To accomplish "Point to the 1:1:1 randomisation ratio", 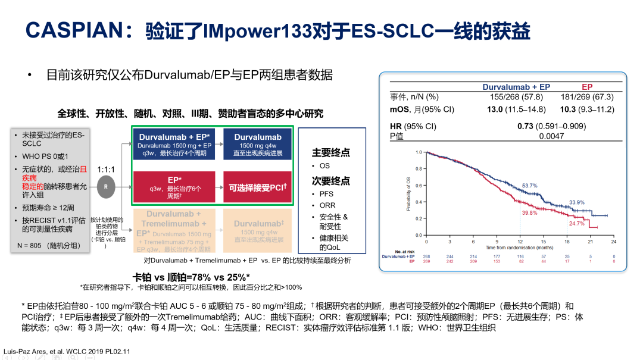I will pyautogui.click(x=106, y=168).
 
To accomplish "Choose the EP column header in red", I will pyautogui.click(x=587, y=87).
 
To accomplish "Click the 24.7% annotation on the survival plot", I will pyautogui.click(x=576, y=224).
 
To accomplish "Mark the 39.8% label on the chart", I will pyautogui.click(x=529, y=212).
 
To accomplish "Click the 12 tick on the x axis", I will pyautogui.click(x=520, y=241).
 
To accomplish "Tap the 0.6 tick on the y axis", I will pyautogui.click(x=419, y=185).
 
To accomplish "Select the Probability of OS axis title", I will pyautogui.click(x=408, y=193).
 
